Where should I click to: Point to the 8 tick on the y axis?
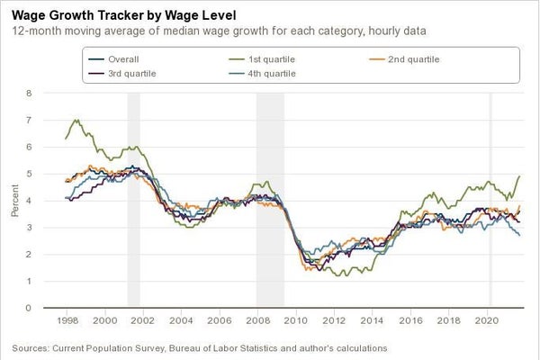[30, 93]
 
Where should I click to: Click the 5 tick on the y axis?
[30, 174]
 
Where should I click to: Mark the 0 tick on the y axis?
[30, 308]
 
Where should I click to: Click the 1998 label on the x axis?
[67, 319]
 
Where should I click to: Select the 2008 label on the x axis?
[257, 319]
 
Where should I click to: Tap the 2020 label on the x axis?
[487, 319]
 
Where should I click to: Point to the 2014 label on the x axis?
[373, 319]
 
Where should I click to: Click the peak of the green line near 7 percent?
[76, 120]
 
